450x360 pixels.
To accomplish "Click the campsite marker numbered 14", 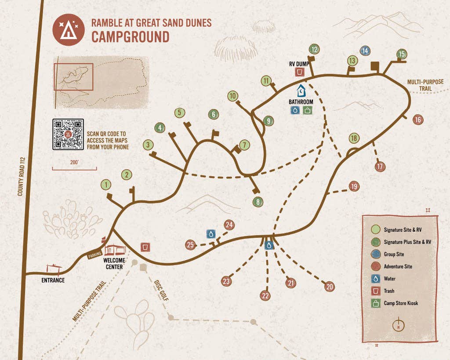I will pos(365,51).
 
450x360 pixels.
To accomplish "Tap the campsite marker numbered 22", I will pos(265,295).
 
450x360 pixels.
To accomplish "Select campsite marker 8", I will pos(258,202).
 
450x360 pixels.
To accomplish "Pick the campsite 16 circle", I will pos(418,120).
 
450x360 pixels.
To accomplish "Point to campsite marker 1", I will pos(105,185).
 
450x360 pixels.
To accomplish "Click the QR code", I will pos(68,134).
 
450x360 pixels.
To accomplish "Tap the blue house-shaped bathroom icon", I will pos(301,91).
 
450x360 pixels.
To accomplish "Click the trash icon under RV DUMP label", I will pos(300,72).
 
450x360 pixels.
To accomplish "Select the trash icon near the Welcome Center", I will pos(145,247).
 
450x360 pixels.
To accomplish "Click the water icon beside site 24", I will pos(211,234).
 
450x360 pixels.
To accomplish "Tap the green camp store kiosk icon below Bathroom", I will pos(308,110).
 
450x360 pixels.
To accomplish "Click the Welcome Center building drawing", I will pos(115,249).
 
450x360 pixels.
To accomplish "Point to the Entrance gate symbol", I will pos(54,268).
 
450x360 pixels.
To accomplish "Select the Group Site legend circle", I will pos(375,254).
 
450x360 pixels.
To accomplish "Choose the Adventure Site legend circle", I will pos(375,266).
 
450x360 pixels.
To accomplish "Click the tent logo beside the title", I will pos(68,30).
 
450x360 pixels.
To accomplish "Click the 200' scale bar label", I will pos(74,162).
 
